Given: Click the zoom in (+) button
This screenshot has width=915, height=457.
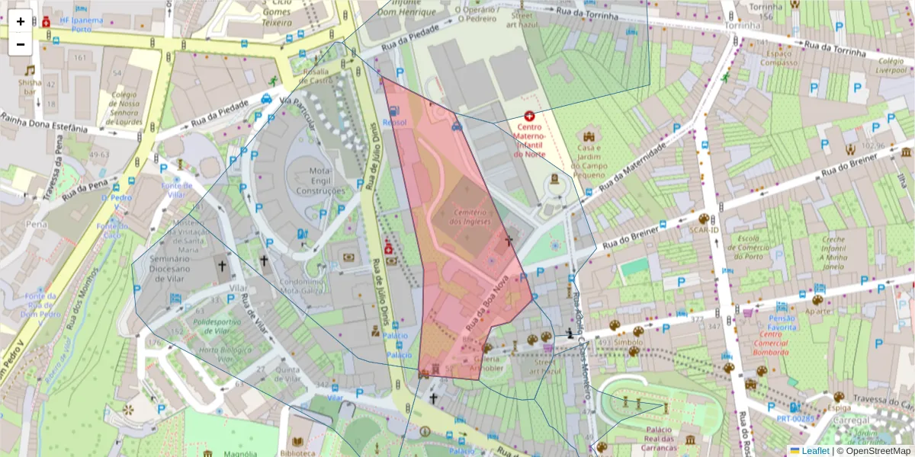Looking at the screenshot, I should pos(21,21).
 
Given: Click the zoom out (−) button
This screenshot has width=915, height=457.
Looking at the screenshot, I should pos(21,44).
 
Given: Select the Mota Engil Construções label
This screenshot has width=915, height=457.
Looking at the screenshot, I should pos(321,181).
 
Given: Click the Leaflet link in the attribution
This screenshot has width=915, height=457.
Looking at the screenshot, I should pos(814,450).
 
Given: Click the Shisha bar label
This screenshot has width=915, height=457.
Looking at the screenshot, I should pos(30,87).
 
